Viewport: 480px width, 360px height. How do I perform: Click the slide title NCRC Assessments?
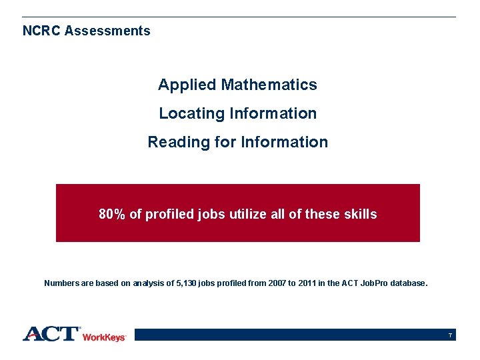coord(87,31)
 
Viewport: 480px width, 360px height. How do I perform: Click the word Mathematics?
coord(269,85)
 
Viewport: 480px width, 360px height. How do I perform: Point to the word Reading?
coord(171,143)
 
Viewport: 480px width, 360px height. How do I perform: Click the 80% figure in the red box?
coord(112,215)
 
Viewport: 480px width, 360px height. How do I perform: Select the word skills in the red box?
coord(359,215)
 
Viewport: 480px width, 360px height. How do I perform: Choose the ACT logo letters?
coord(51,333)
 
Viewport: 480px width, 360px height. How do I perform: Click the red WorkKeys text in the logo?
coord(104,337)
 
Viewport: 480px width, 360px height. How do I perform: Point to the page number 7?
coord(451,335)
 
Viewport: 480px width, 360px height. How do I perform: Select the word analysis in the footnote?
coord(149,283)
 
